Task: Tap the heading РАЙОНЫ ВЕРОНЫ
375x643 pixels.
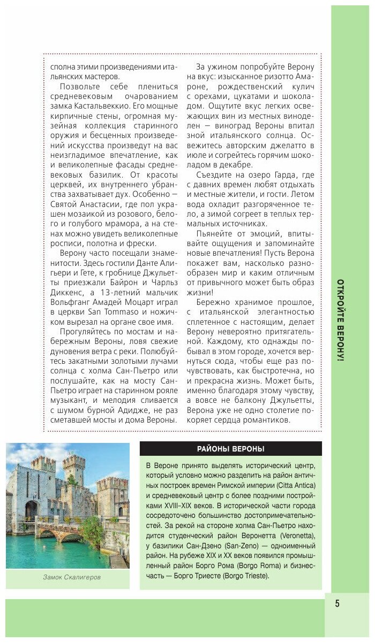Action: pos(230,449)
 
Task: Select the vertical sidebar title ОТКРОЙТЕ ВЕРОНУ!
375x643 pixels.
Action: pos(341,320)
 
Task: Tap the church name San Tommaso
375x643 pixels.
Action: pos(116,312)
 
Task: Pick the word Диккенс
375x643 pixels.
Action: pos(67,293)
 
